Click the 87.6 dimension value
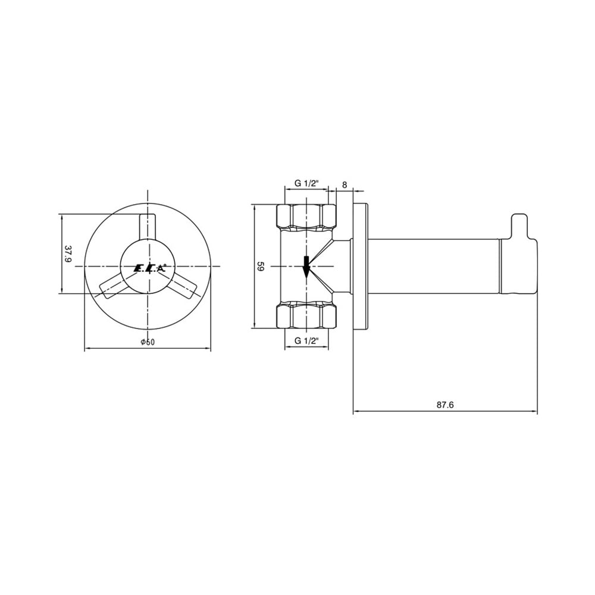click(x=444, y=405)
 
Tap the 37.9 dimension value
click(x=68, y=253)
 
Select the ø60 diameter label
click(x=148, y=342)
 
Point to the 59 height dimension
click(x=261, y=266)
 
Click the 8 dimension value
click(x=345, y=185)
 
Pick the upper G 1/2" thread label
click(x=306, y=183)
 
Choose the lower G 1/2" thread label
click(x=306, y=341)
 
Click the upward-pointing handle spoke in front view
click(x=147, y=227)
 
